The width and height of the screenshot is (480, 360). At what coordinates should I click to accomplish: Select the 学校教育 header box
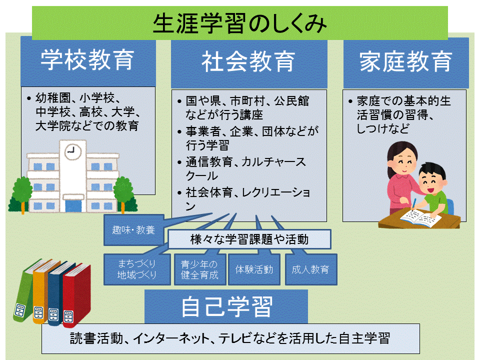(x=88, y=60)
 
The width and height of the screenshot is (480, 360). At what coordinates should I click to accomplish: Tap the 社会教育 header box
(x=248, y=63)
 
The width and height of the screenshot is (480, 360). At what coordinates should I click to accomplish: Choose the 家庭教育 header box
(x=405, y=62)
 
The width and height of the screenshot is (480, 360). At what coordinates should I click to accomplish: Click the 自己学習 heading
(x=226, y=306)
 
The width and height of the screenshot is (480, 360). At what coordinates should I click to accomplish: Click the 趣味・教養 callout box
(x=133, y=230)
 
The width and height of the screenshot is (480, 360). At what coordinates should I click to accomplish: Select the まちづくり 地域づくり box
(x=137, y=269)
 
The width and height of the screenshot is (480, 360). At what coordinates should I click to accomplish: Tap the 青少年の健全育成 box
(x=199, y=269)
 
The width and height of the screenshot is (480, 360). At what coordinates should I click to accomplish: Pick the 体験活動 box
(x=254, y=269)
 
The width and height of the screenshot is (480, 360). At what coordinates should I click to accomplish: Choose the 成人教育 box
(x=310, y=269)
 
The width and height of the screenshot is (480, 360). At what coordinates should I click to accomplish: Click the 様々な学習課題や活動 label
(x=249, y=239)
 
